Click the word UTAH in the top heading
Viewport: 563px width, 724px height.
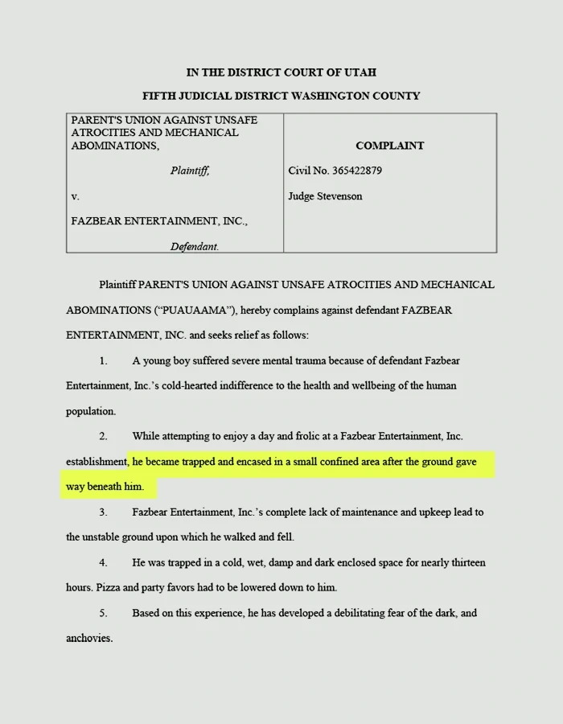[360, 72]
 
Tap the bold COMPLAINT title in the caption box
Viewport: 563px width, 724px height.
[389, 146]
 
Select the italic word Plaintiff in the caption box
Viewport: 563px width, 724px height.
[190, 171]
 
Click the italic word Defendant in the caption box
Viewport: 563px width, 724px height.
[194, 246]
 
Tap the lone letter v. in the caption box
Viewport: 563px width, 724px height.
[75, 196]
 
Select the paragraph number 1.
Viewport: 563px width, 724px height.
[103, 360]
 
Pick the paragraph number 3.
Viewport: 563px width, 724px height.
[103, 512]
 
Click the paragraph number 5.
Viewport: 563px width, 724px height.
[103, 613]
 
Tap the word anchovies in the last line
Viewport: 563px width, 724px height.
[89, 638]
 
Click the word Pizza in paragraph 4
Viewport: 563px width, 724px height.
[109, 587]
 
